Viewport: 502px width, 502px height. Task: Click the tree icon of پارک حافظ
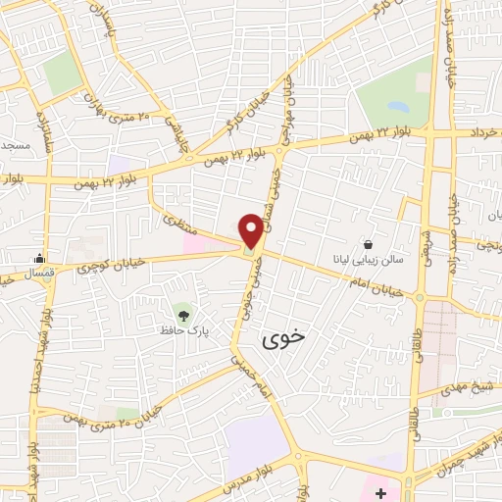coord(182,313)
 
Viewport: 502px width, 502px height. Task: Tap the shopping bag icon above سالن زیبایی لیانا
coord(368,243)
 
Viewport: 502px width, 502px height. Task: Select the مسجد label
coord(14,145)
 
